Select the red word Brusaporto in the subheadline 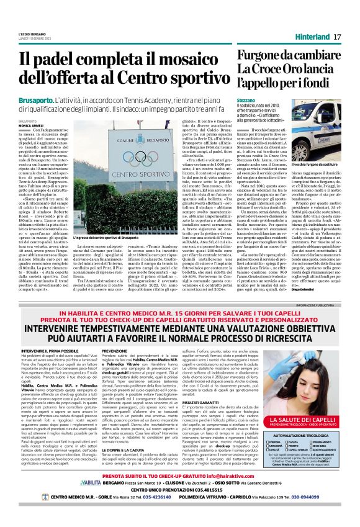[x=34, y=99]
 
